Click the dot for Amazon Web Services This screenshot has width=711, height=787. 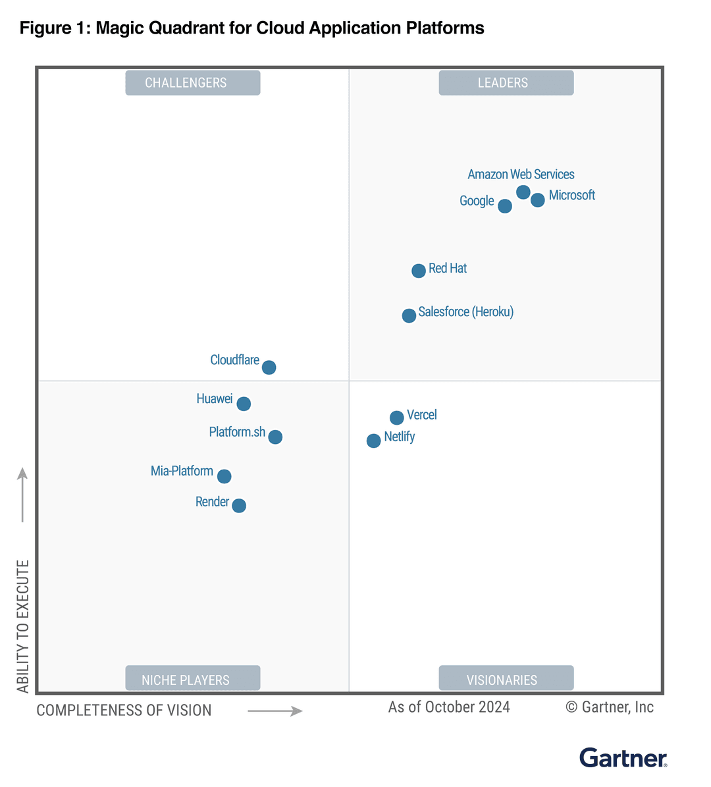(x=523, y=192)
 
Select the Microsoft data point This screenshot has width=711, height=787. (x=538, y=200)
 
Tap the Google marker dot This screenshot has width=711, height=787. (x=505, y=206)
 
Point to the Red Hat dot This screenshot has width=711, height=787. (x=419, y=271)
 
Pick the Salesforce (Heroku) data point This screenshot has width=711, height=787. (x=409, y=315)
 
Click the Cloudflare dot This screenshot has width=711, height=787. (x=269, y=367)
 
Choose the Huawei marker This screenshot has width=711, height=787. (x=244, y=404)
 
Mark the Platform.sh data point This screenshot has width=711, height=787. (x=275, y=437)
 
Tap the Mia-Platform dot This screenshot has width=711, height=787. (x=224, y=476)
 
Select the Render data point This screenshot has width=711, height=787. (x=239, y=505)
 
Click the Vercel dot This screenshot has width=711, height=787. (x=397, y=418)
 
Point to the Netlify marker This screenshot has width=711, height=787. (x=373, y=441)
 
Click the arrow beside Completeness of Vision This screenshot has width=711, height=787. (x=275, y=711)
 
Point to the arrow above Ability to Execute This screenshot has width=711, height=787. (x=22, y=495)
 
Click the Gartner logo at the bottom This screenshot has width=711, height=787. (x=623, y=758)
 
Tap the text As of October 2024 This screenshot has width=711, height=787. (x=449, y=707)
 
